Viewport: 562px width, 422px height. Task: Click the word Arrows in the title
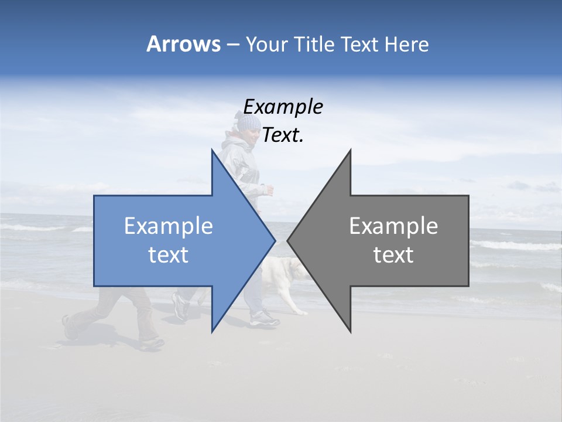pos(183,44)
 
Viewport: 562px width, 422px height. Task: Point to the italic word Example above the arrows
pos(283,107)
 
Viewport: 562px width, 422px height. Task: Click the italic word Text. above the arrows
pos(283,135)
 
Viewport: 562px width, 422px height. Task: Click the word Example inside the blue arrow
pos(169,226)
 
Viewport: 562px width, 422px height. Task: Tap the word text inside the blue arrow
pos(169,254)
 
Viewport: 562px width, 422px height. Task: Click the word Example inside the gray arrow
pos(393,226)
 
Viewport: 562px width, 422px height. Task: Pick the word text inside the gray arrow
pos(393,254)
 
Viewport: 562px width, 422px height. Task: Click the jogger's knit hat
pos(248,122)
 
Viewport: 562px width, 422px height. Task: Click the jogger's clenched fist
pos(269,189)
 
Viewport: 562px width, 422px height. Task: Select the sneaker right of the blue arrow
pos(265,319)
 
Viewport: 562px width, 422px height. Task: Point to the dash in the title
pos(232,45)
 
